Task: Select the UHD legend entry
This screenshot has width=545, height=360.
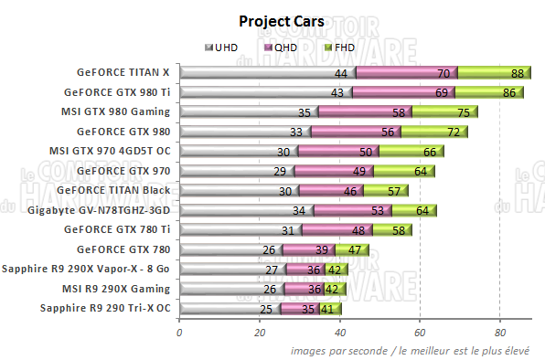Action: (x=223, y=46)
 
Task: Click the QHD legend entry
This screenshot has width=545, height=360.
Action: (x=282, y=46)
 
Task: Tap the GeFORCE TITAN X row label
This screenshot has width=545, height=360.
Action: (x=123, y=72)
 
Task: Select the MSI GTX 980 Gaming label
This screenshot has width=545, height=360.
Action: (x=114, y=111)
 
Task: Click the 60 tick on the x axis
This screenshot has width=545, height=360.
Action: (x=420, y=332)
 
